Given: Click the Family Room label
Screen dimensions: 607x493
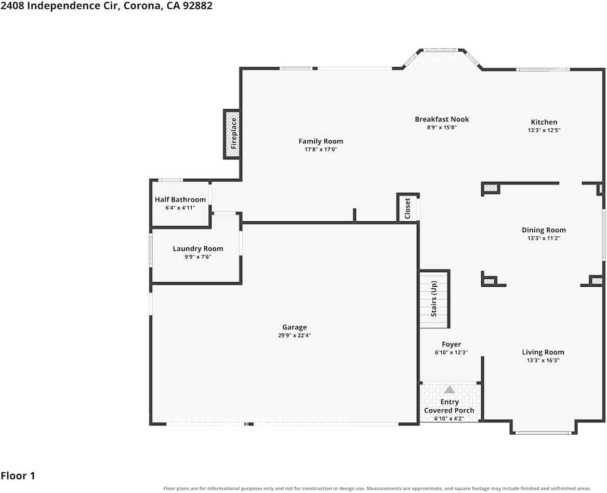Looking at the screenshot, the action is [x=321, y=141].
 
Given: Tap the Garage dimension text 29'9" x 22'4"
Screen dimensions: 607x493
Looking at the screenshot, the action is [x=294, y=336].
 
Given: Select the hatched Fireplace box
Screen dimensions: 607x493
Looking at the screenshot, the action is [x=232, y=134].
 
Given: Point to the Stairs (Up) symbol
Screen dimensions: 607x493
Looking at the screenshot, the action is [x=434, y=299].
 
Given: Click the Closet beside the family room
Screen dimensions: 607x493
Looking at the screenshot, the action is [x=407, y=208].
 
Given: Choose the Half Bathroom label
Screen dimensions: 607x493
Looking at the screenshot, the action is [x=180, y=199].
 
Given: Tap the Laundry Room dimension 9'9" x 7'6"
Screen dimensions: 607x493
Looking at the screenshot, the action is [x=198, y=257].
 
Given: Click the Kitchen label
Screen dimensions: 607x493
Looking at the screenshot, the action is [x=544, y=122].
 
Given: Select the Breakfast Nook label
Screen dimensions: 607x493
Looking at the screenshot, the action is [x=442, y=119].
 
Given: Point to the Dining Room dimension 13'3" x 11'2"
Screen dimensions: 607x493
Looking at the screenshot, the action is [x=544, y=238].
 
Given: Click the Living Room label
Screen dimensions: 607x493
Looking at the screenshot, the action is [x=543, y=352].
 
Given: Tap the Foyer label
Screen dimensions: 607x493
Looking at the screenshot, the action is [x=452, y=344].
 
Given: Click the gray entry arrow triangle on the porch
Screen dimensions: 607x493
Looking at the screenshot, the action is [x=450, y=390].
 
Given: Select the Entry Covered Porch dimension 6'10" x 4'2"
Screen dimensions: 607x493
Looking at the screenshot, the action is [x=449, y=419].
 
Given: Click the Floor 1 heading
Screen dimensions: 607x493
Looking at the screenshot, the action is [x=18, y=475].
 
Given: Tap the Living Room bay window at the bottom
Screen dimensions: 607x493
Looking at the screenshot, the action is [x=544, y=433].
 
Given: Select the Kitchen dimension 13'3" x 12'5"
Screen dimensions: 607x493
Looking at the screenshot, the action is [x=544, y=130].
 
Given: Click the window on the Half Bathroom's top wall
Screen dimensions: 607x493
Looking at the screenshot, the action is [x=170, y=180].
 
